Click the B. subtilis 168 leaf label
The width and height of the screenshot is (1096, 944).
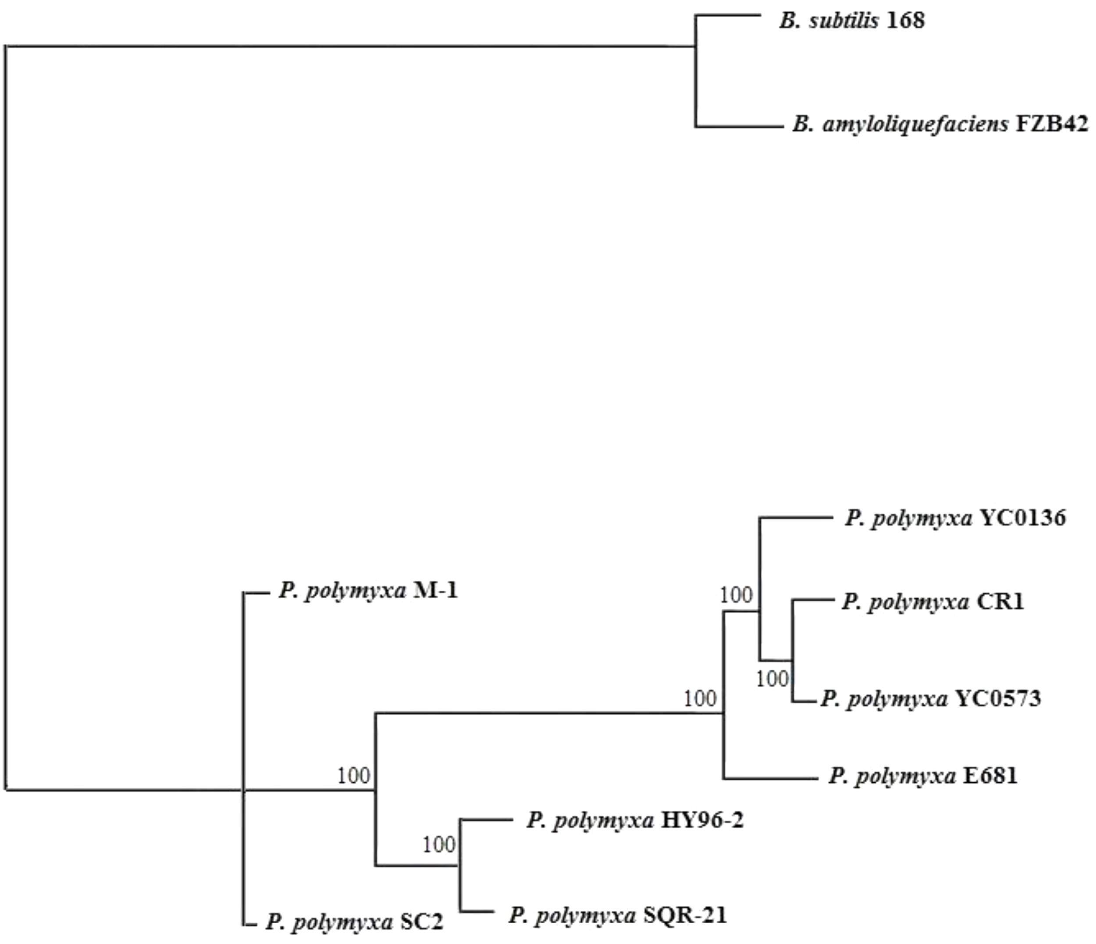click(852, 21)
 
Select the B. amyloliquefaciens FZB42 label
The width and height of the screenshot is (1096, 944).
click(939, 125)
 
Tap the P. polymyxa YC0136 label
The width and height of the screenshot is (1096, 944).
click(955, 518)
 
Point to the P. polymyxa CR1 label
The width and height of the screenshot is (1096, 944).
click(933, 602)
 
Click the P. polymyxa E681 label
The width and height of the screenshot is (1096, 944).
click(923, 776)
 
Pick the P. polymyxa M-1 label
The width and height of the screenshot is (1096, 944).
click(369, 591)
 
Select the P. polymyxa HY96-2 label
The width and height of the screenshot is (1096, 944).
click(635, 820)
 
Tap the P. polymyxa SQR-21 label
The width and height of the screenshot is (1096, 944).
click(618, 915)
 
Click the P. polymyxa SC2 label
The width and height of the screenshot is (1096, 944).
click(354, 923)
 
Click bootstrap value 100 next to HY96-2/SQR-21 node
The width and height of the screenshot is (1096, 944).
click(438, 845)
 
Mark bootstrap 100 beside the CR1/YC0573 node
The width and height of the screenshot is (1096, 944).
click(772, 679)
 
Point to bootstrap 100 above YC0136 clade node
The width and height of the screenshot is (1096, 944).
click(736, 596)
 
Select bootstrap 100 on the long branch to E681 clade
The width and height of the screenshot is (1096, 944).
click(699, 699)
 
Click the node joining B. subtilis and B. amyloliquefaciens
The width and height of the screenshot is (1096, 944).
click(696, 46)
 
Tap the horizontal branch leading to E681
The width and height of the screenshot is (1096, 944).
click(770, 778)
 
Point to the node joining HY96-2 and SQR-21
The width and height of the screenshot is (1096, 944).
click(460, 866)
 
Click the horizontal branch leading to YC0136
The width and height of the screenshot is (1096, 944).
click(796, 518)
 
